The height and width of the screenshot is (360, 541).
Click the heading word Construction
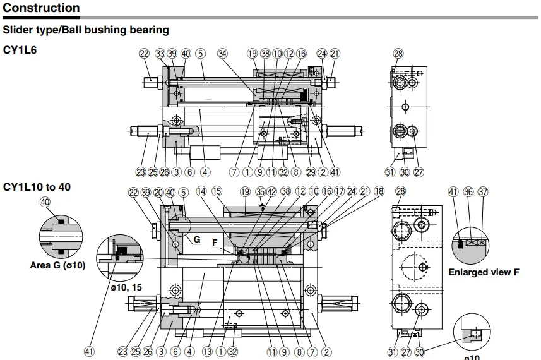click(42, 8)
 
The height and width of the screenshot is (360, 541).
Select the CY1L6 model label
click(20, 49)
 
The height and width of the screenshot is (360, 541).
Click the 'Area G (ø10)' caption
click(57, 265)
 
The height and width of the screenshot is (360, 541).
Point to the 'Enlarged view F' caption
click(484, 272)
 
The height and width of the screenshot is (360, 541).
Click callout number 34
click(222, 54)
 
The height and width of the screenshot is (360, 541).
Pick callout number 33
click(160, 54)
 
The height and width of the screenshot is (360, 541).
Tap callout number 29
click(310, 171)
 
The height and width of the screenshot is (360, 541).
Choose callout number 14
click(201, 191)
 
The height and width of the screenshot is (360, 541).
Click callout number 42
click(271, 191)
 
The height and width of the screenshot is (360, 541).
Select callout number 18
click(379, 191)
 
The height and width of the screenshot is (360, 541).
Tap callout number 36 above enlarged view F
click(468, 191)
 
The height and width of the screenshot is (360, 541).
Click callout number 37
click(484, 191)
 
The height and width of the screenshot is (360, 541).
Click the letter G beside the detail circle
click(197, 239)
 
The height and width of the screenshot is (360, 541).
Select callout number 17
click(339, 191)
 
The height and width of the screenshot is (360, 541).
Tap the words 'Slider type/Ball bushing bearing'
click(86, 30)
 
